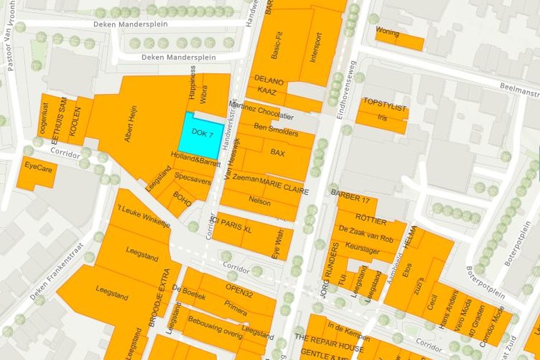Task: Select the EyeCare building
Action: (x=38, y=166)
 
